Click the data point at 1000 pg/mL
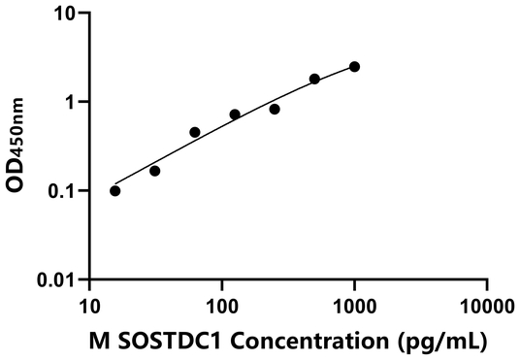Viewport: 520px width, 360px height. pyautogui.click(x=354, y=66)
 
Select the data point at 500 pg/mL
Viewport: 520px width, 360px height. pyautogui.click(x=314, y=79)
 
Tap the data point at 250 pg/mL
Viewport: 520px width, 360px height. pyautogui.click(x=275, y=109)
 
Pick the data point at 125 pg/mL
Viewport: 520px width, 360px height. pyautogui.click(x=235, y=115)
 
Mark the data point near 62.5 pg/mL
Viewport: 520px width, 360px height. pyautogui.click(x=195, y=132)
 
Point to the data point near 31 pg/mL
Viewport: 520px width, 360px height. pyautogui.click(x=155, y=171)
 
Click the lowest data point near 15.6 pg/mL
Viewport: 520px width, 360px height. pyautogui.click(x=115, y=190)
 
